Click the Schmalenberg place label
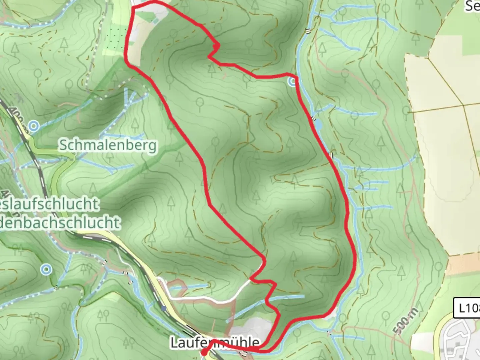(x=108, y=146)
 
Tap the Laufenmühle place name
(x=215, y=342)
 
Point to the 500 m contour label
(x=405, y=321)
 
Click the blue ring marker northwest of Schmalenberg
(x=33, y=126)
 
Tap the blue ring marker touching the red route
(x=293, y=81)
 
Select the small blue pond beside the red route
(x=318, y=125)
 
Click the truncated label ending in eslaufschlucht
(x=50, y=204)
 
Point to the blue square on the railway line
(x=163, y=308)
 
